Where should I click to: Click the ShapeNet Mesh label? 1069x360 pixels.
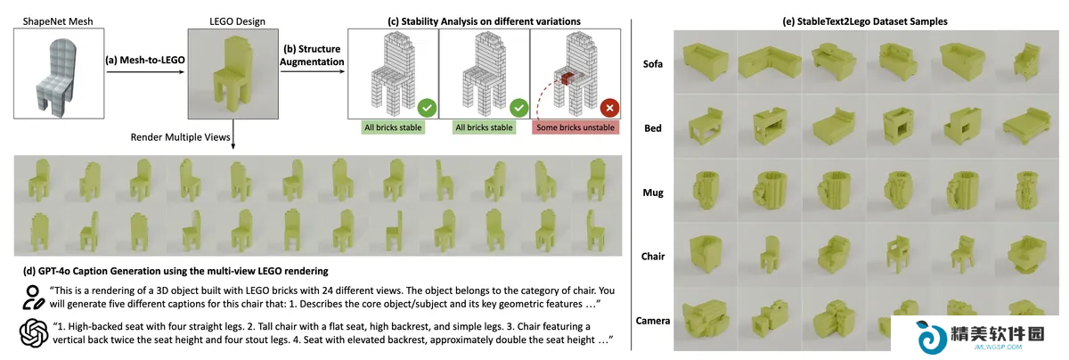point(58,21)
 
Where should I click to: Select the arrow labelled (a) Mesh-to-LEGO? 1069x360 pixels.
point(145,72)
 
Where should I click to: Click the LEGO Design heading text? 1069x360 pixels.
point(237,21)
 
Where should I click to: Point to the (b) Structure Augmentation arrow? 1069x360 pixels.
point(313,71)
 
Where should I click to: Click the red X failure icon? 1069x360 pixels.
point(609,108)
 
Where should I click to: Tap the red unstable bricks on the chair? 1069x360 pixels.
point(566,78)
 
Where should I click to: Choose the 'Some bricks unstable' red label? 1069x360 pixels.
point(575,127)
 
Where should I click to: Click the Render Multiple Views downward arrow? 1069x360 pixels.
point(233,135)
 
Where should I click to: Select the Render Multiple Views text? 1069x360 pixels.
point(180,137)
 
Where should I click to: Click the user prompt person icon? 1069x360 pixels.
point(33,298)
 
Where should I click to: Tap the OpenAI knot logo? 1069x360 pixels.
point(34,333)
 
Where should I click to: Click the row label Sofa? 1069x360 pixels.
point(652,64)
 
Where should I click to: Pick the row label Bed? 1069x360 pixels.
point(652,128)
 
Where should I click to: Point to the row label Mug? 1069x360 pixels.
point(652,192)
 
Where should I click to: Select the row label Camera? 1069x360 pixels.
point(652,321)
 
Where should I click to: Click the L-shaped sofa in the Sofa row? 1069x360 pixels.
point(770,62)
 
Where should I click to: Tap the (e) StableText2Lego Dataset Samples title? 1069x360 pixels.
point(865,21)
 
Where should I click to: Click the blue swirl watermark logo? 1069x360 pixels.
point(930,337)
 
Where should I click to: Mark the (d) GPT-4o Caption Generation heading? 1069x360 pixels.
point(175,271)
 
